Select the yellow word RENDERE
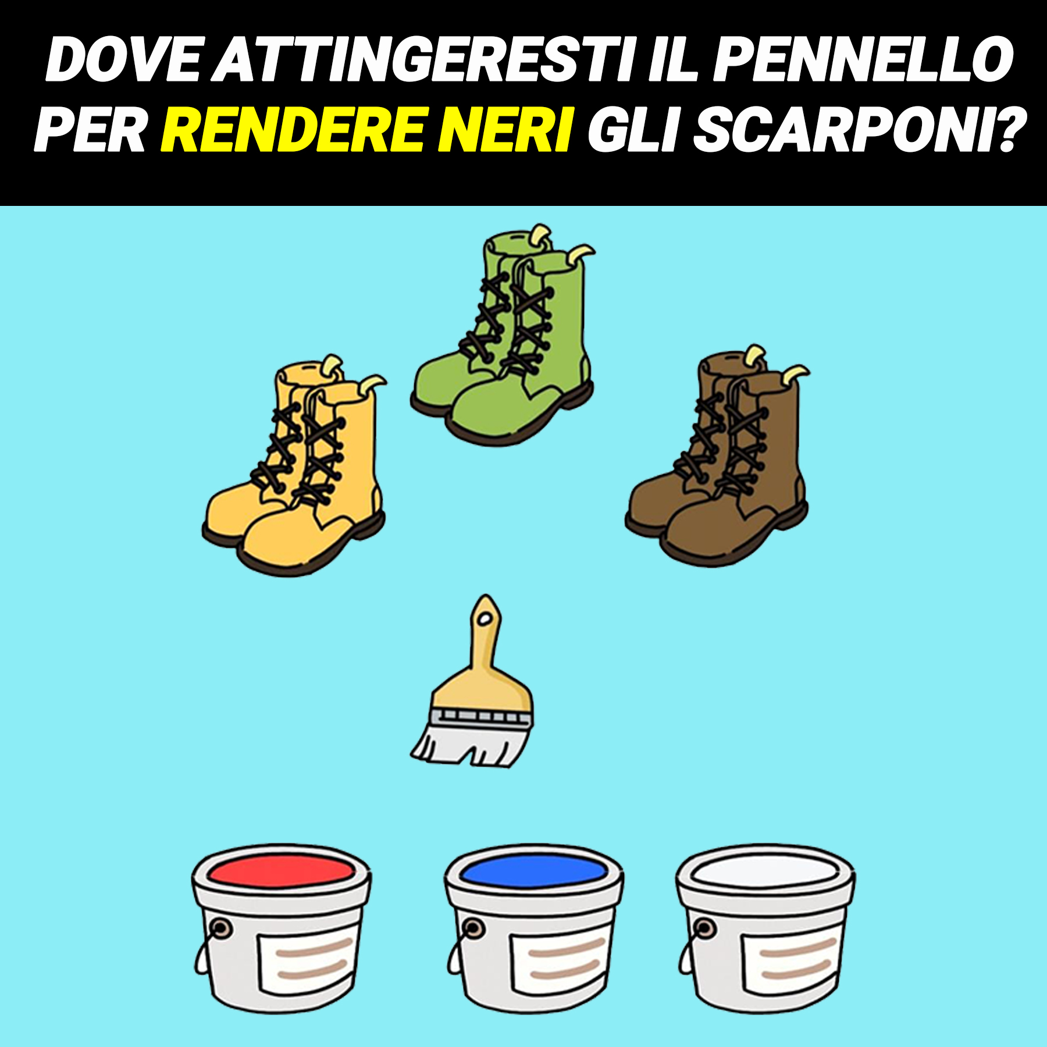point(291,129)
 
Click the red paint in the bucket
point(282,871)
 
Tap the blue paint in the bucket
point(533,871)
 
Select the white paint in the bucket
point(765,871)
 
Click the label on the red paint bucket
point(308,960)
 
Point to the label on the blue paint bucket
point(560,960)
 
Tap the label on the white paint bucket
point(792,960)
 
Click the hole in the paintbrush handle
point(485,619)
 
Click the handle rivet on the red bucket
point(220,927)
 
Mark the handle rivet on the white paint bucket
point(704,927)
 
